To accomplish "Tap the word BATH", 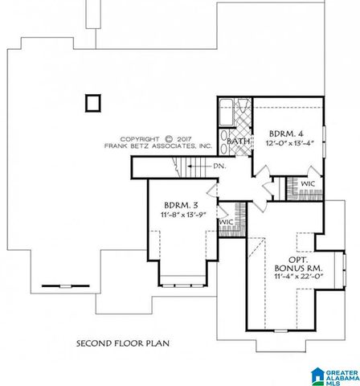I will [x=238, y=142].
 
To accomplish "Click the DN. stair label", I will [x=219, y=166].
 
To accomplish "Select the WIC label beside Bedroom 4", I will [x=307, y=184].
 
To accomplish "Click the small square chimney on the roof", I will [x=92, y=102].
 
